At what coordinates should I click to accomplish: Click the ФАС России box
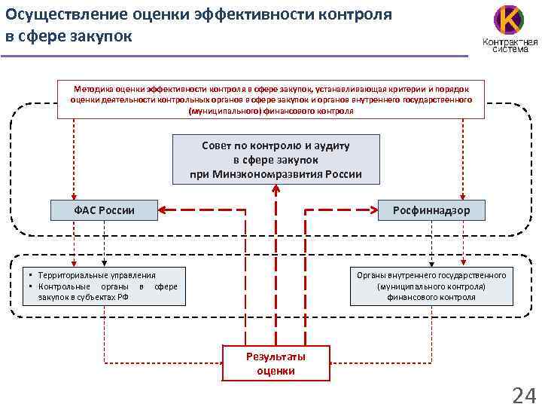pos(104,210)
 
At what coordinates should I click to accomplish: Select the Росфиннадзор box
pos(431,210)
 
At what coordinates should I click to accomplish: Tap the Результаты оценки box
pos(276,363)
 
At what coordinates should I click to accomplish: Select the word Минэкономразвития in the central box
pos(277,174)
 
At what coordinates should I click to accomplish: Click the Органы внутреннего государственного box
pos(431,286)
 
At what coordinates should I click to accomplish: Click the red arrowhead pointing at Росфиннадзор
pos(384,210)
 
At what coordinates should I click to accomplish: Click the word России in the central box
pos(344,174)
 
